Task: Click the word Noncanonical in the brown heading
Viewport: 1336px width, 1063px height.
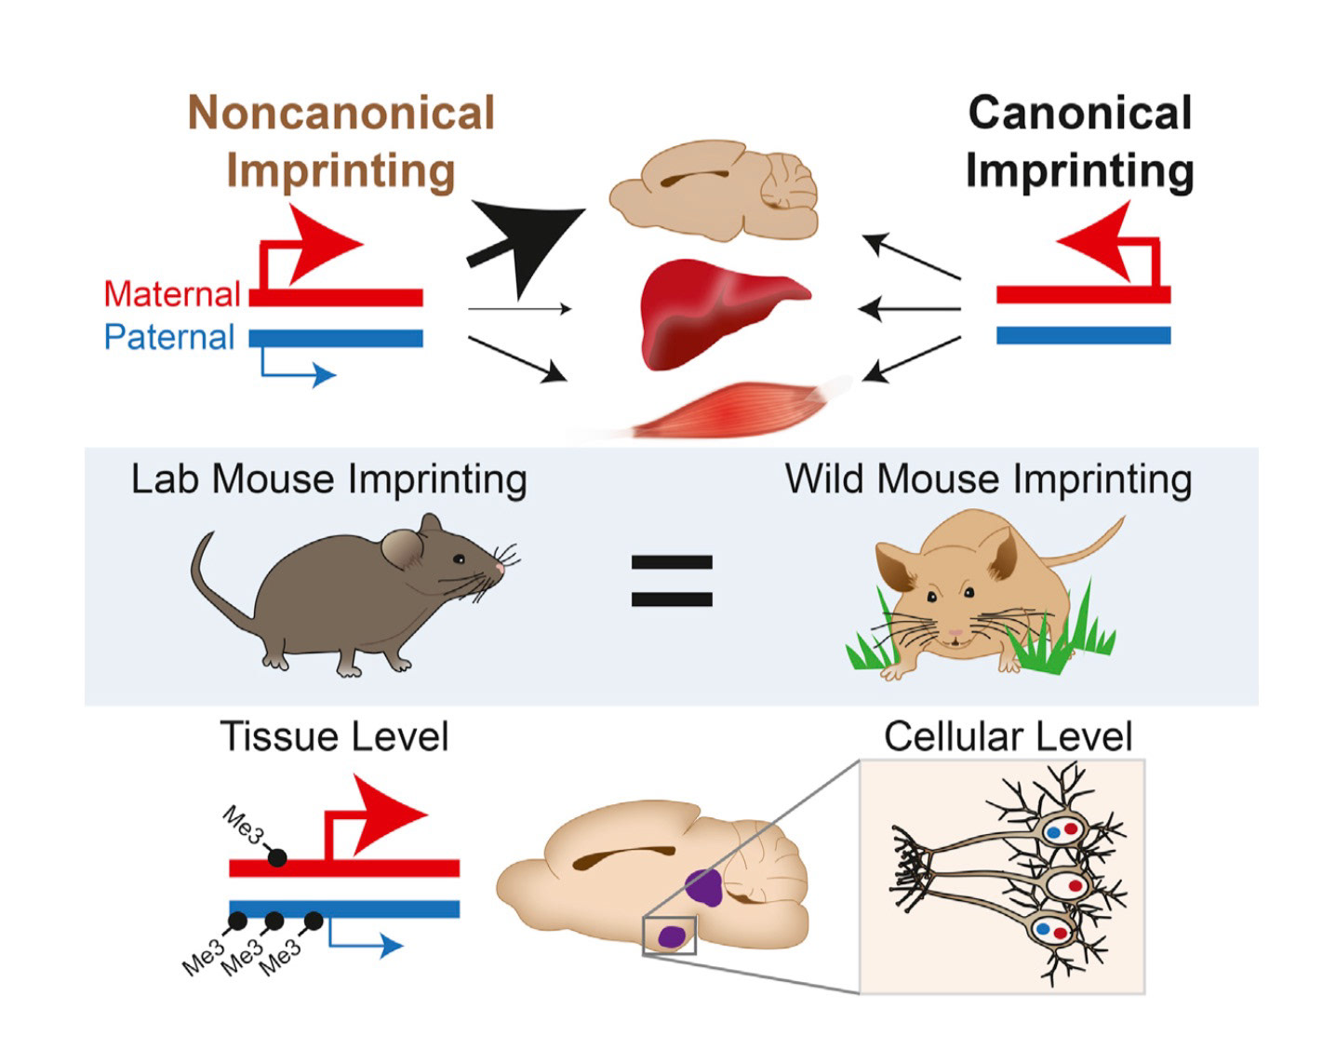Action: tap(341, 113)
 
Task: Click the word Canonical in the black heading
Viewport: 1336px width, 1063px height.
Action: tap(1079, 113)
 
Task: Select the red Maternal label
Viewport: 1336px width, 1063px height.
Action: tap(172, 294)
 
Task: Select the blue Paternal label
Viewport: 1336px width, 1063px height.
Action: tap(169, 337)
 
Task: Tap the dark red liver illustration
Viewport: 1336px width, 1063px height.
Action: tap(716, 312)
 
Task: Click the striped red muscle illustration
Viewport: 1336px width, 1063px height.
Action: tap(735, 410)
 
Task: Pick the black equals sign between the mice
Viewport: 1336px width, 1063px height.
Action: tap(672, 581)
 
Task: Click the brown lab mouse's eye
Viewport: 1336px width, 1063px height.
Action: tap(459, 558)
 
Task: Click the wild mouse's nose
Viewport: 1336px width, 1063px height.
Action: tap(955, 633)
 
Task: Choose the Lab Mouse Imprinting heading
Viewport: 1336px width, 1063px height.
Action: tap(328, 479)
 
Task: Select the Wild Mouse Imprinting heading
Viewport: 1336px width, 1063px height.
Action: tap(988, 479)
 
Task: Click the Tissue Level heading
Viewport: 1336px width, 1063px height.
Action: tap(334, 736)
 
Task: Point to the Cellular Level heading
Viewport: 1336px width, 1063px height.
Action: tap(1008, 736)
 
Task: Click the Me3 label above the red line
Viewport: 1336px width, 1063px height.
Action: tap(243, 825)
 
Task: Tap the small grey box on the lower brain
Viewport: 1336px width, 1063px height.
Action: tap(669, 935)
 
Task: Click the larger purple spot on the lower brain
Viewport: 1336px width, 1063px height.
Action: tap(705, 887)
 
